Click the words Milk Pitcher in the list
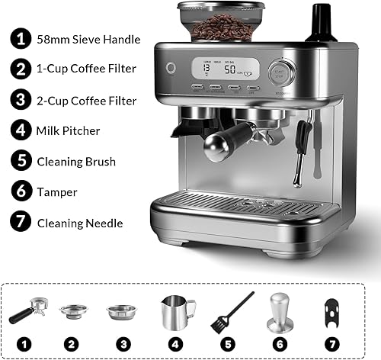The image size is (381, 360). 68,130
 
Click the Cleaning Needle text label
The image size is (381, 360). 79,223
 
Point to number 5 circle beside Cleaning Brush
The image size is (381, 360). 18,161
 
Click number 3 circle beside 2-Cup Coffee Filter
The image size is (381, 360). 18,99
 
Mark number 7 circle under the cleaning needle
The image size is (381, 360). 333,342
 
